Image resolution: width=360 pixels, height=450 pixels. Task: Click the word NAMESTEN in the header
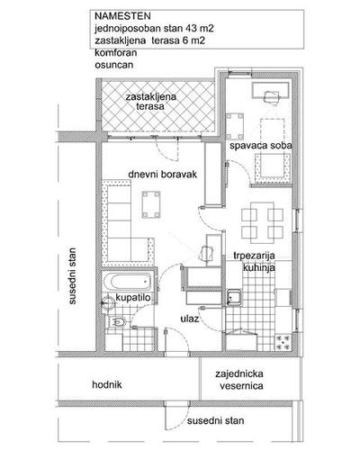coord(122,16)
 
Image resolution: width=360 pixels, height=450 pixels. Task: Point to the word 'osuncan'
coord(114,65)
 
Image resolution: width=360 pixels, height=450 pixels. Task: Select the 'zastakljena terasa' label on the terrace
coord(150,102)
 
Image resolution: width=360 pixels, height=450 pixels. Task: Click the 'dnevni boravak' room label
coord(162,175)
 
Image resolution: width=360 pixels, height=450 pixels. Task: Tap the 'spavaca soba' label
coord(261,146)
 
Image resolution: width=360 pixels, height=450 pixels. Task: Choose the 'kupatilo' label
coord(133,298)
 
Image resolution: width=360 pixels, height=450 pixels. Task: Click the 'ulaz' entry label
coord(190,319)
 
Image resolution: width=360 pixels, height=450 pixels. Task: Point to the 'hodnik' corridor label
coord(107,384)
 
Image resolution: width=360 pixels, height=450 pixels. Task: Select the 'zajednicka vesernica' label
coord(239,380)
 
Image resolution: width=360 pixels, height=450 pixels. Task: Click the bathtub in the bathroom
coord(130,282)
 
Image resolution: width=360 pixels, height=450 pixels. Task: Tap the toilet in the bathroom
coord(118,322)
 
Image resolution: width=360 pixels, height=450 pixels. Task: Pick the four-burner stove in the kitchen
coord(283,342)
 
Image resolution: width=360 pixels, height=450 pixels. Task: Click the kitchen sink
coord(234,297)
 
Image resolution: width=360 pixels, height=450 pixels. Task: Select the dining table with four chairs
coord(262,222)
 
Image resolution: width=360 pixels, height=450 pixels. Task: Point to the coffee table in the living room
coord(151,204)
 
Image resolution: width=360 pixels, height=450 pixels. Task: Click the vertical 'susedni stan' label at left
coord(72,276)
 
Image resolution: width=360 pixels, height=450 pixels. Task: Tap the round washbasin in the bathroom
coord(107,302)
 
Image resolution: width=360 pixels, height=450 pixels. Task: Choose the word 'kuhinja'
coord(258,267)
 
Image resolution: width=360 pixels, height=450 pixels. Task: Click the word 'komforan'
coord(116,53)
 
